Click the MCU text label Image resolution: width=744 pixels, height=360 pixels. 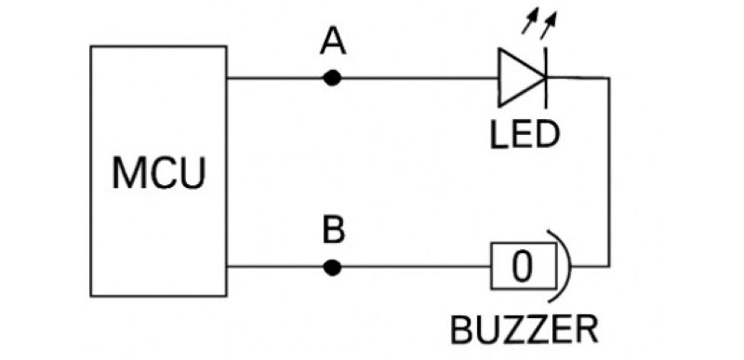(x=158, y=174)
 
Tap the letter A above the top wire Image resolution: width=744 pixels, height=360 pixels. (x=332, y=42)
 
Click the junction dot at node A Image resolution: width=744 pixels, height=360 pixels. (x=332, y=78)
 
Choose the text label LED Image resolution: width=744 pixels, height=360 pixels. (x=525, y=135)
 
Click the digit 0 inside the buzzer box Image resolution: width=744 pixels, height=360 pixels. (x=523, y=268)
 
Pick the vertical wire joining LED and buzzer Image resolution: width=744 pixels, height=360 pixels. (x=608, y=172)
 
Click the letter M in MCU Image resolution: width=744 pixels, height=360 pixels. (x=127, y=174)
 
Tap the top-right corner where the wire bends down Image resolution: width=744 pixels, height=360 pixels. (x=608, y=78)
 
